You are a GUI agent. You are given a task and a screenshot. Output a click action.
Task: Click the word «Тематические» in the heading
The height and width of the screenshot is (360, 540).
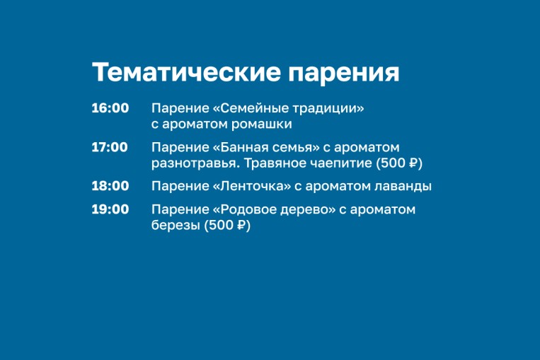[186, 72]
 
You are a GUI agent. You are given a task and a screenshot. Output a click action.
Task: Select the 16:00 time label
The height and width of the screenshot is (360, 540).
[110, 108]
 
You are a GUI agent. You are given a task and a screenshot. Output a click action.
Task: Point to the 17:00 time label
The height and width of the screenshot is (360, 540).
[110, 147]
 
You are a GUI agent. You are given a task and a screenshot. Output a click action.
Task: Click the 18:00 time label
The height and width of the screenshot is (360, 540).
[110, 186]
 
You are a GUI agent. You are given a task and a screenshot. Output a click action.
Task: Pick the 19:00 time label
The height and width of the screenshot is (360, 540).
[110, 209]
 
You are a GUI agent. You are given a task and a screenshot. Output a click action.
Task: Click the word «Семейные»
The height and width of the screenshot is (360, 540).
[253, 108]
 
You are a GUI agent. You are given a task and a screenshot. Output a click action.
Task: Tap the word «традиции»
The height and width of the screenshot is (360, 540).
[325, 109]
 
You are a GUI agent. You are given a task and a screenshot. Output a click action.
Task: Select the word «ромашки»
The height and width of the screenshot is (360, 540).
[261, 124]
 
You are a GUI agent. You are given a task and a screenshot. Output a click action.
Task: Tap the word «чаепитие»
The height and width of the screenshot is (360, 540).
[341, 163]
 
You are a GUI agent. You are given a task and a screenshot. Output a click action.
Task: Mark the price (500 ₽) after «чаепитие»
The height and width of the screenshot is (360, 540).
[399, 163]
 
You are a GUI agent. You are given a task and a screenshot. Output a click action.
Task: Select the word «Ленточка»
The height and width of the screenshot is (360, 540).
[255, 186]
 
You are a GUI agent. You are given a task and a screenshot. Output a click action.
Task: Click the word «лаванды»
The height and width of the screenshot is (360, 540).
[403, 187]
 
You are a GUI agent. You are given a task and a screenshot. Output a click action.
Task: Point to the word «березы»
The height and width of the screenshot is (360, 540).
[176, 225]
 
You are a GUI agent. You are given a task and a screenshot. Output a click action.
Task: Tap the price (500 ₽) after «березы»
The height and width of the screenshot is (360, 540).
[227, 225]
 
